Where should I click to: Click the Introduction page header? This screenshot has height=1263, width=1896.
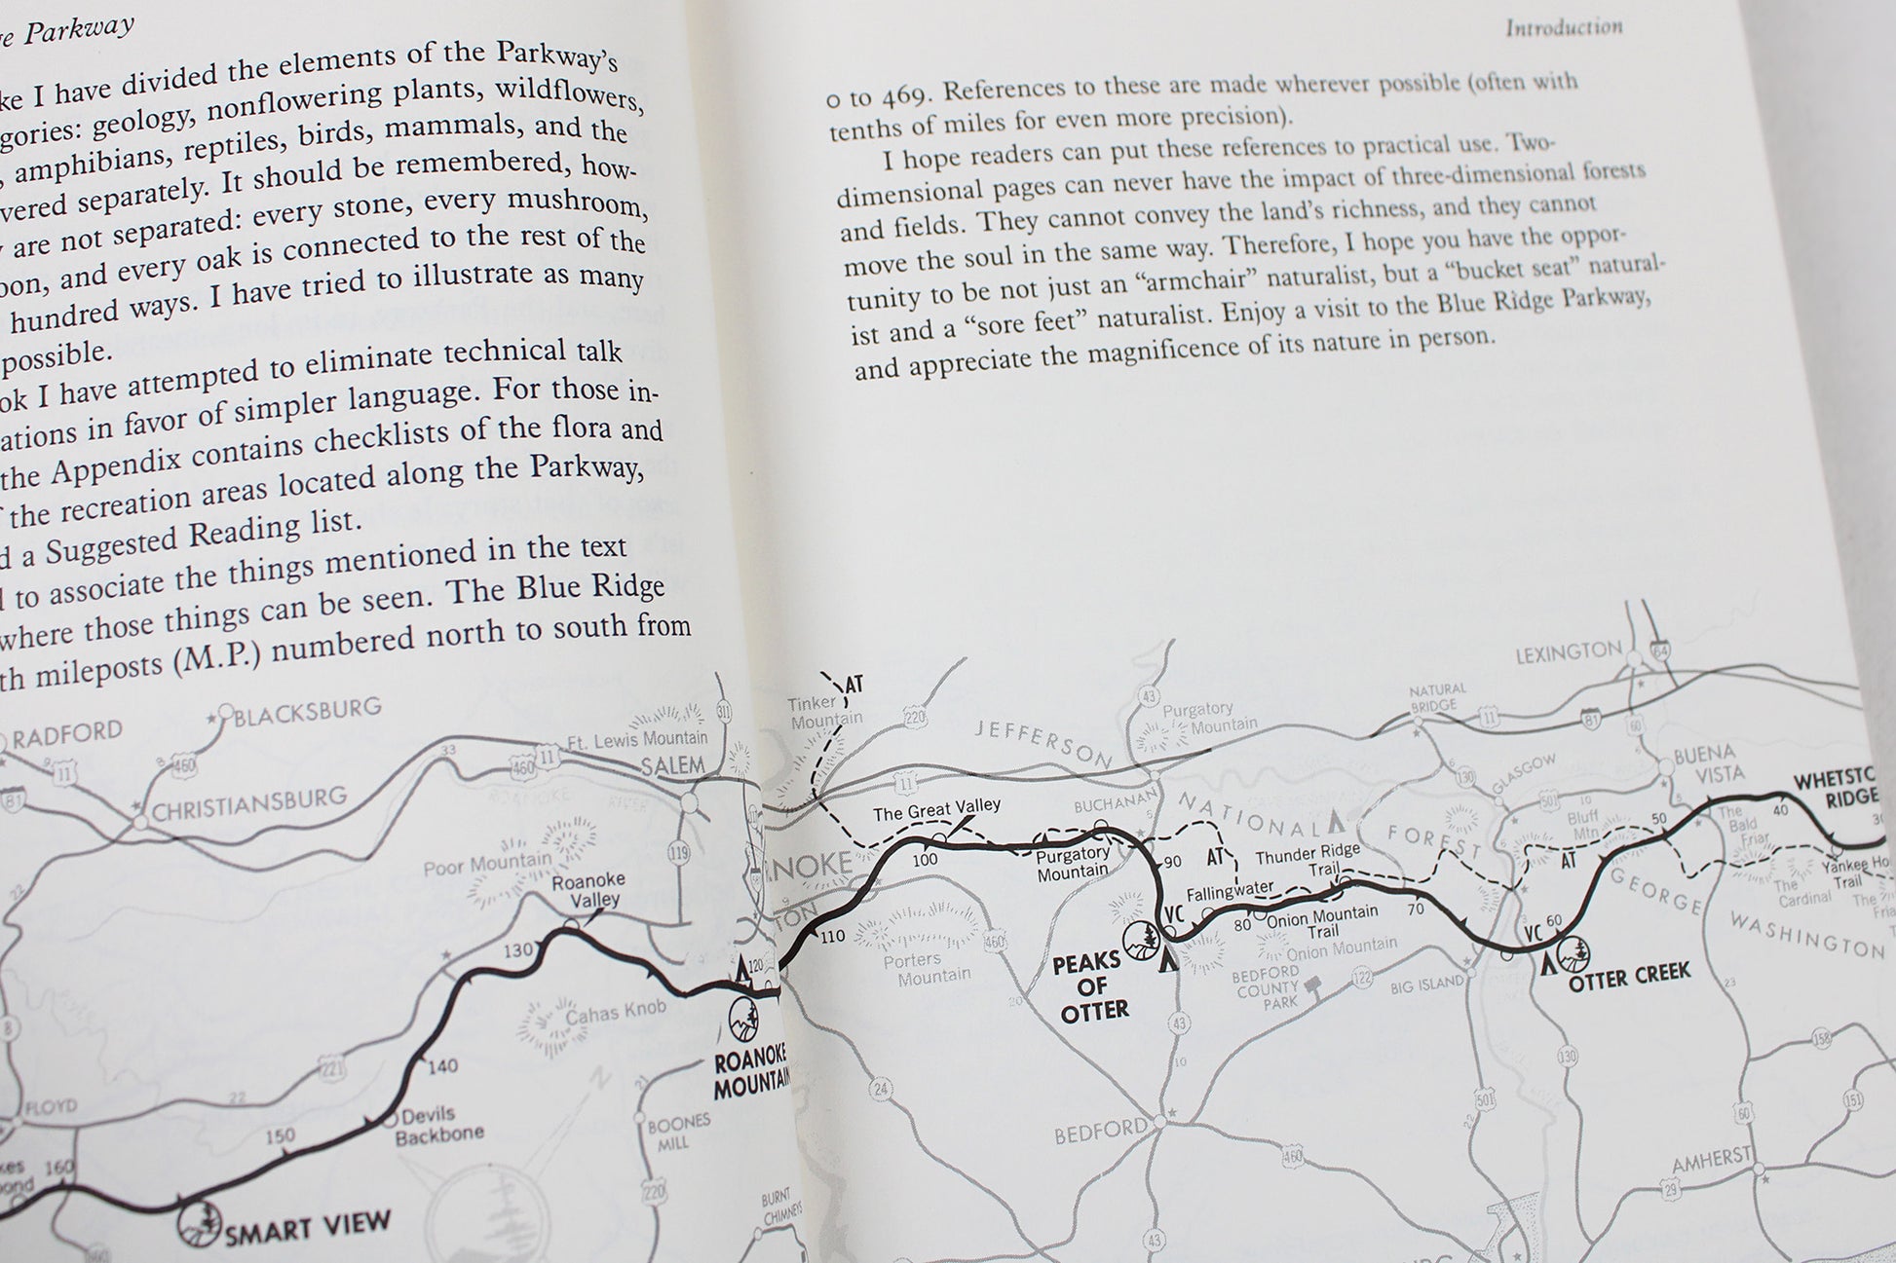coord(1564,27)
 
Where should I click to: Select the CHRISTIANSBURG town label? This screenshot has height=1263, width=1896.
coord(249,802)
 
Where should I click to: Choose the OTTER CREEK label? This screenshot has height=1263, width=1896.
coord(1629,973)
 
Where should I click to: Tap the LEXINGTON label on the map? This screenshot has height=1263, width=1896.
coord(1569,651)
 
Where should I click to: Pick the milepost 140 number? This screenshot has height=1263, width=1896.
coord(442,1066)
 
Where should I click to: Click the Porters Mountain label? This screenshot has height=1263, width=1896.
coord(926,968)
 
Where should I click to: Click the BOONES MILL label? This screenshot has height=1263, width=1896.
coord(679,1133)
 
